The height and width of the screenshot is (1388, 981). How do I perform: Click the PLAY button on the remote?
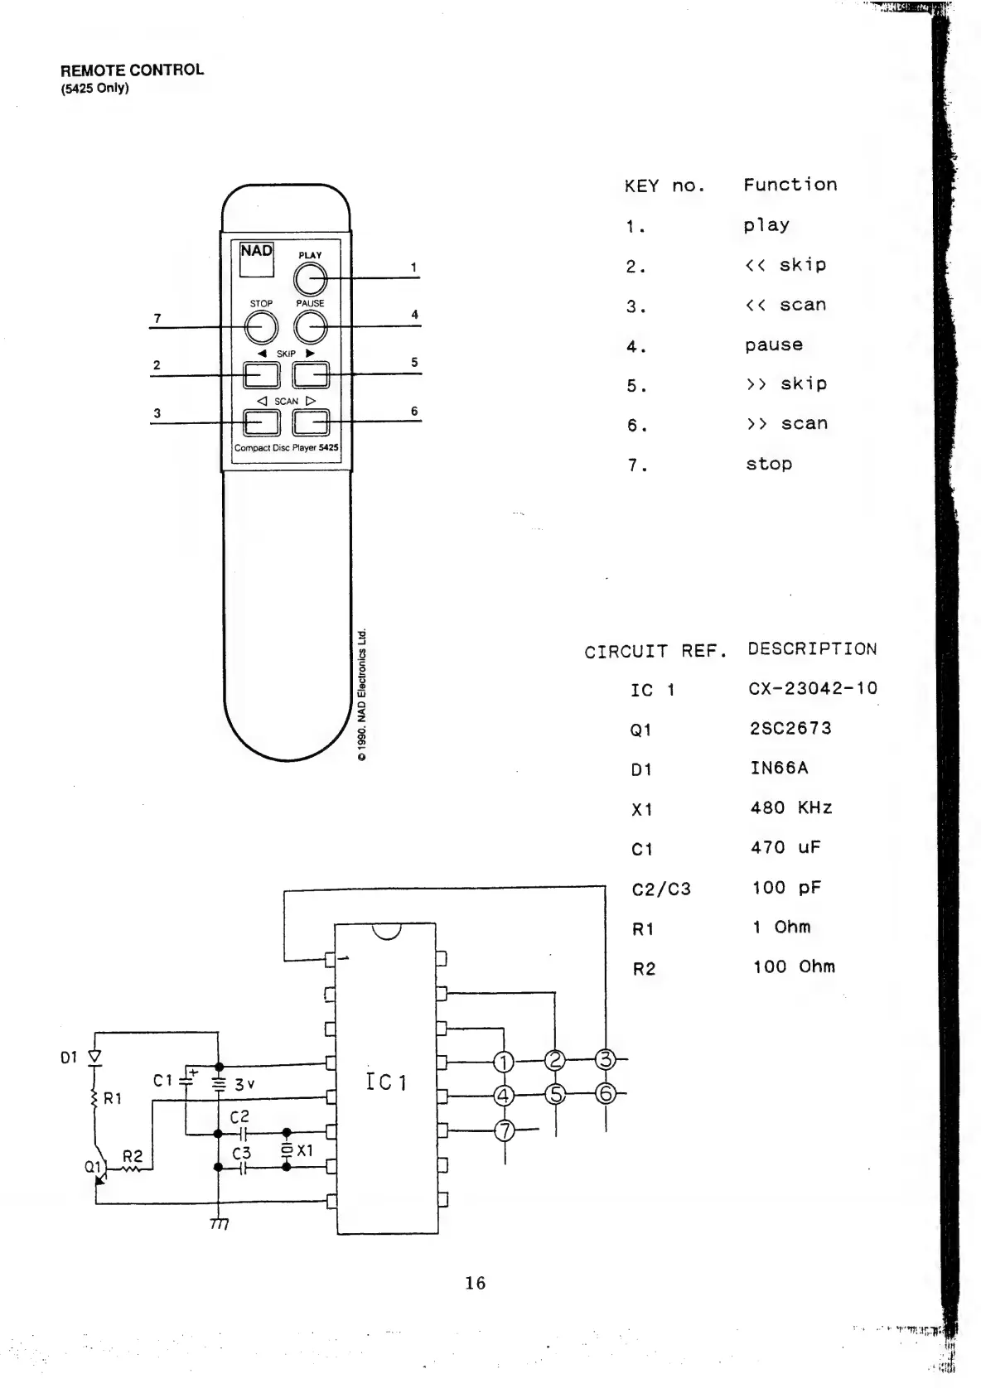310,280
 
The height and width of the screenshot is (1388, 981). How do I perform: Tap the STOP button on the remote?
261,328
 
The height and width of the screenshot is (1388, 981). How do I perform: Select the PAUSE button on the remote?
310,328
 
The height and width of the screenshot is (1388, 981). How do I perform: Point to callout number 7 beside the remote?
157,318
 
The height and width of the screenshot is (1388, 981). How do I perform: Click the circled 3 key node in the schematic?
606,1059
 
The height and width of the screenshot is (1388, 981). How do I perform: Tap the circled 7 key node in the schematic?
505,1130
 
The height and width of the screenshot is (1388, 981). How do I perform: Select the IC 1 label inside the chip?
386,1082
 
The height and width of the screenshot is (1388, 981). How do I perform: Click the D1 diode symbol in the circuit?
94,1057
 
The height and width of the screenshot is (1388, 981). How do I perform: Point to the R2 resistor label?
133,1156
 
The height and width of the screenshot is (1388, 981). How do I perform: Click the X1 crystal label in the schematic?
305,1150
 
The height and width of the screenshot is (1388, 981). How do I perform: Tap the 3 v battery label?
244,1084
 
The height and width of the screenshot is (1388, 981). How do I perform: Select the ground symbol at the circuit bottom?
219,1223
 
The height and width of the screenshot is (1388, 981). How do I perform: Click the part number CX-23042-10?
812,688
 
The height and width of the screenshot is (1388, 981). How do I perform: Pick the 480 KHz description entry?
790,807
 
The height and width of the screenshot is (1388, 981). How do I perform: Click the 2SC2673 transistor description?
790,728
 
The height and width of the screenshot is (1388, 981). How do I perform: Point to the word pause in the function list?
773,345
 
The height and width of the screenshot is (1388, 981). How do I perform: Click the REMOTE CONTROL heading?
132,70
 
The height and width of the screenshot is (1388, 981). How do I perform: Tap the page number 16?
475,1283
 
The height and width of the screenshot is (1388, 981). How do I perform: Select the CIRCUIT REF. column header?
655,652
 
